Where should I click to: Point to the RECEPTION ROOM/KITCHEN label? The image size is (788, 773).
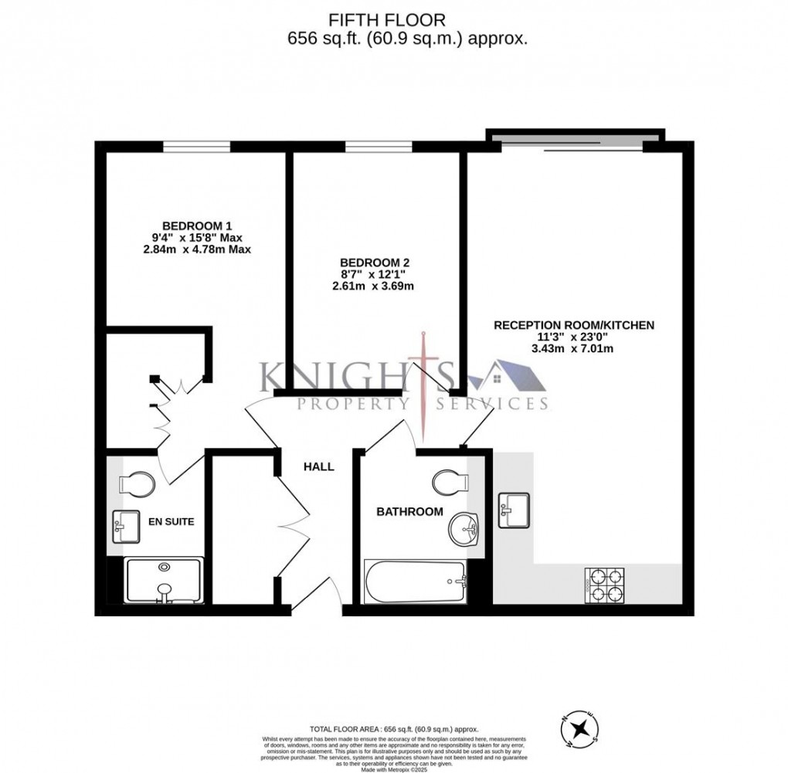[x=574, y=325]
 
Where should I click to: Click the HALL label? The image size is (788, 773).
[x=318, y=466]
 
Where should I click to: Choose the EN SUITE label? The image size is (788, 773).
[x=171, y=521]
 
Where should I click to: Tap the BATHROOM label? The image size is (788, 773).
[x=409, y=511]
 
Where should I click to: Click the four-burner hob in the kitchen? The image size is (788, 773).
[x=606, y=585]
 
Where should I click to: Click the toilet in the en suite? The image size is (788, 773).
[x=138, y=485]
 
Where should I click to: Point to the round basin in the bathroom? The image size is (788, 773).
[x=464, y=530]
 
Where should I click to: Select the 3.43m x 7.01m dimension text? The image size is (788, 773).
[x=574, y=348]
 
